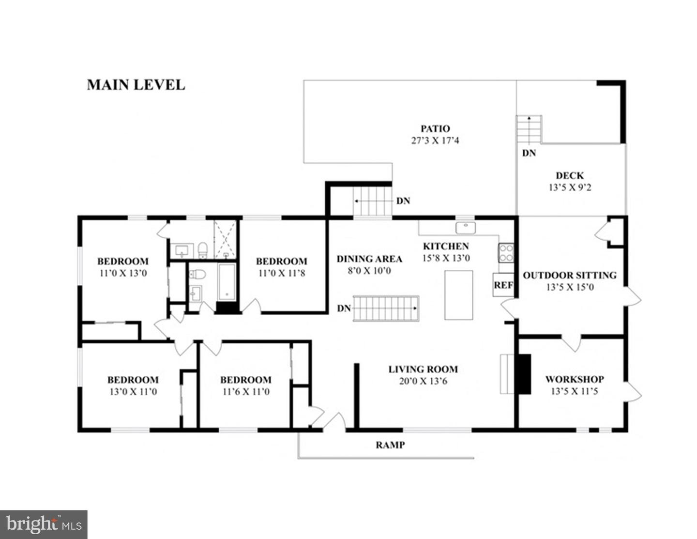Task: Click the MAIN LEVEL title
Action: point(136,85)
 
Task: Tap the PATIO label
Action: point(435,129)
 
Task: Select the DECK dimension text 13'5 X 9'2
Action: point(569,187)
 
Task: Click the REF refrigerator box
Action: point(503,285)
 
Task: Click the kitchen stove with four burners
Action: point(506,252)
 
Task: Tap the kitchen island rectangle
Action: point(458,294)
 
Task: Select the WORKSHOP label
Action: point(574,379)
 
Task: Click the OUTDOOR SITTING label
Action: point(569,275)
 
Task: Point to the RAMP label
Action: point(390,445)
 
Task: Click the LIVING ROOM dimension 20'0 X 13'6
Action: point(423,381)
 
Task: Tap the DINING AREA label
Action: point(369,259)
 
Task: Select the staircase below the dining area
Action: point(385,308)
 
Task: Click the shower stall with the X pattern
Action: point(226,238)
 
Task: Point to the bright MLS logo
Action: point(44,524)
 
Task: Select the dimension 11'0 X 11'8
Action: point(281,273)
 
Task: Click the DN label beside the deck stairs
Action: point(529,153)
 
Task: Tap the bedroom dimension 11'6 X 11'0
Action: point(245,391)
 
